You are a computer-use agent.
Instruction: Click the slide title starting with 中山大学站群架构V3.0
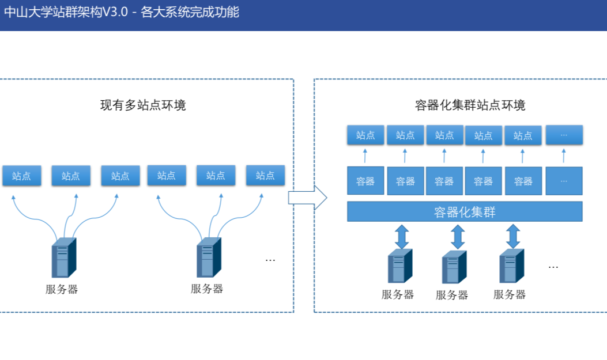pyautogui.click(x=122, y=12)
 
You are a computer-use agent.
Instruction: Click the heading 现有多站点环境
pyautogui.click(x=143, y=105)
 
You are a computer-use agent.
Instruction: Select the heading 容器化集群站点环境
pyautogui.click(x=470, y=105)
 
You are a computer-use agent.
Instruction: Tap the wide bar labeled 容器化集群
pyautogui.click(x=465, y=211)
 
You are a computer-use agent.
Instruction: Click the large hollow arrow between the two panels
pyautogui.click(x=308, y=198)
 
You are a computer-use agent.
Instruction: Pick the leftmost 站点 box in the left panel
pyautogui.click(x=22, y=176)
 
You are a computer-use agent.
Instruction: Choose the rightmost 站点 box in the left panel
pyautogui.click(x=265, y=175)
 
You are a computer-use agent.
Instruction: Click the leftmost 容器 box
pyautogui.click(x=365, y=181)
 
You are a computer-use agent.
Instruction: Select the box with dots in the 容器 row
pyautogui.click(x=564, y=181)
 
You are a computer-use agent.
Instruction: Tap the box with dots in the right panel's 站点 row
pyautogui.click(x=564, y=135)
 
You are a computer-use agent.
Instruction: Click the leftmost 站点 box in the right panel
pyautogui.click(x=365, y=135)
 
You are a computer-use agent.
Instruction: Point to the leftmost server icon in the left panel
pyautogui.click(x=64, y=257)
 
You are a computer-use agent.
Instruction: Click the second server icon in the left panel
pyautogui.click(x=209, y=257)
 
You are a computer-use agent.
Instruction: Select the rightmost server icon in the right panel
pyautogui.click(x=511, y=266)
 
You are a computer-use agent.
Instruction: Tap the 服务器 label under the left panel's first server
pyautogui.click(x=62, y=289)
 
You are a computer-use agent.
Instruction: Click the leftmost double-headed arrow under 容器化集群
pyautogui.click(x=402, y=237)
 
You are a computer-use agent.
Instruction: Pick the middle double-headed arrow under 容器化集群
pyautogui.click(x=458, y=237)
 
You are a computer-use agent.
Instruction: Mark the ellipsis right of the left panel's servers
pyautogui.click(x=270, y=260)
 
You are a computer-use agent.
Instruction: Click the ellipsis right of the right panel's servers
pyautogui.click(x=553, y=267)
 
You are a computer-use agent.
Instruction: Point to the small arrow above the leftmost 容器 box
pyautogui.click(x=365, y=156)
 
